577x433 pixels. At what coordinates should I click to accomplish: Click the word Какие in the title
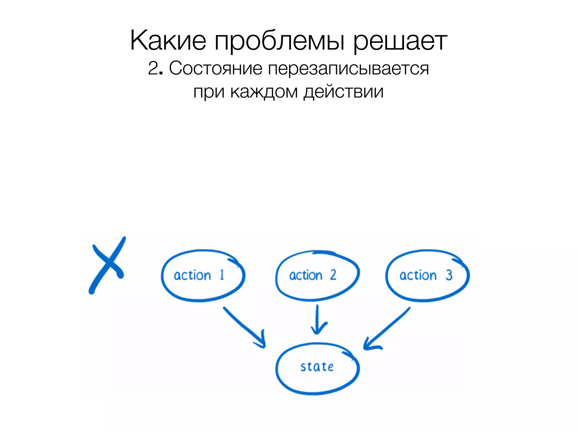168,41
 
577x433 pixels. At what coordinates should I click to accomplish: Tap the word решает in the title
400,42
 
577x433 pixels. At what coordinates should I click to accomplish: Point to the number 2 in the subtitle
153,69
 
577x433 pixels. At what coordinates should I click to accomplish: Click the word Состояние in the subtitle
216,69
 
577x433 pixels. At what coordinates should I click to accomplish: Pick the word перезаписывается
348,69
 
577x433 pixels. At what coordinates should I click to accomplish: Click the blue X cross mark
107,265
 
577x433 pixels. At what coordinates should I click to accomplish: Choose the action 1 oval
203,276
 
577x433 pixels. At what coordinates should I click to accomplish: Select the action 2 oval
317,276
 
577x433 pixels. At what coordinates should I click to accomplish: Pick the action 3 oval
427,276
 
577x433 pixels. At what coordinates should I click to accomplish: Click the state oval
317,368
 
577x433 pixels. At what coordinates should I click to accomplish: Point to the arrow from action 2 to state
318,320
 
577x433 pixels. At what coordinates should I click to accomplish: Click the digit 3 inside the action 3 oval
449,275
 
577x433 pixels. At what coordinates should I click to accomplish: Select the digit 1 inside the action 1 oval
222,275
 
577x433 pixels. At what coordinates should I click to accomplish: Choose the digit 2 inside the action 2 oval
333,275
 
